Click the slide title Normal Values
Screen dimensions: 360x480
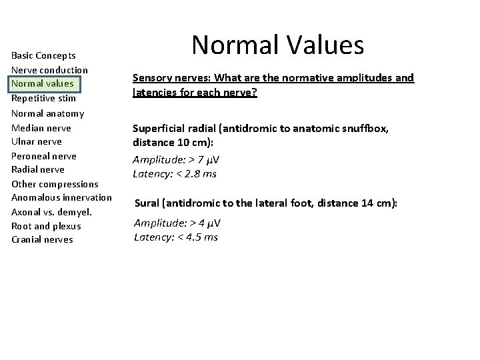tap(277, 45)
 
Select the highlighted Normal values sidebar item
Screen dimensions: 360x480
tap(42, 84)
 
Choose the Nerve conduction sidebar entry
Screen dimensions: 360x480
tap(49, 70)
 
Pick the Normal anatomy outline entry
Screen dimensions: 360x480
tap(48, 113)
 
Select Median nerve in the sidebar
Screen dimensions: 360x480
tap(41, 127)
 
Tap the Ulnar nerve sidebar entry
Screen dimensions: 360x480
tap(37, 141)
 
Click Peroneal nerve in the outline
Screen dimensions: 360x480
tap(44, 156)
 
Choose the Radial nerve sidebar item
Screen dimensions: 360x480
tap(38, 169)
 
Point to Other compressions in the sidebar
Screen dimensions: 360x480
tap(55, 184)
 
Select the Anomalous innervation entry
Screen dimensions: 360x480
tap(61, 198)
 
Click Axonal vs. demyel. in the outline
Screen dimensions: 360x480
tap(51, 212)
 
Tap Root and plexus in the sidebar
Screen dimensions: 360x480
tap(45, 226)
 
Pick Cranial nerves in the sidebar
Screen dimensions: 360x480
tap(42, 240)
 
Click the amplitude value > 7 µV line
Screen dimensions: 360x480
tap(177, 160)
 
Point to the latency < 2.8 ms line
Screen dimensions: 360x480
tap(175, 174)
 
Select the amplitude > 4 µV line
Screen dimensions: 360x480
tap(177, 223)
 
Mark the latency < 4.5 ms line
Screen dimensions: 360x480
tap(176, 237)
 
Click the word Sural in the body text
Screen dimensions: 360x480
tap(149, 203)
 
